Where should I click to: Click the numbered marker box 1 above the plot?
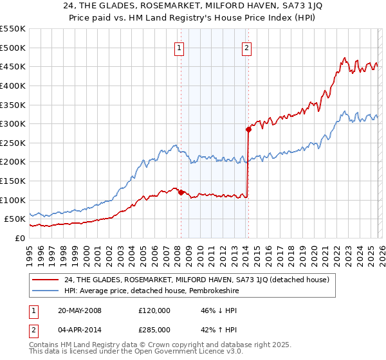179,47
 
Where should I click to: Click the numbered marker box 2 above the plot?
247,47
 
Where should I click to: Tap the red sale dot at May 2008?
181,192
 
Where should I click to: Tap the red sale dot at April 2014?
248,129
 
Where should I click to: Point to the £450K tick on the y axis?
13,66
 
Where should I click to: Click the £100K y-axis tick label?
13,200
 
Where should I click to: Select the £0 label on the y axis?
20,238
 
